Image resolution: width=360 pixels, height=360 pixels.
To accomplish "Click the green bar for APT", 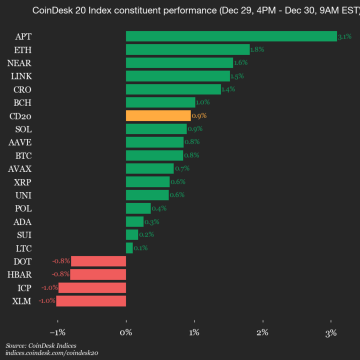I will [231, 36].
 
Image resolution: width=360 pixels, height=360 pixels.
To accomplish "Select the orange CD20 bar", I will [158, 115].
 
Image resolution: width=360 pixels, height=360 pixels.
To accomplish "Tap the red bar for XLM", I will [91, 301].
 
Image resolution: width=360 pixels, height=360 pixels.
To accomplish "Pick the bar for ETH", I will [187, 49].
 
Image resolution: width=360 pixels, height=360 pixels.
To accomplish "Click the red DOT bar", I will [98, 261].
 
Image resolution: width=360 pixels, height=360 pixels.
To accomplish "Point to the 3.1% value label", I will [344, 36].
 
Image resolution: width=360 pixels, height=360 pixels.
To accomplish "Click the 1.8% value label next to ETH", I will [257, 49].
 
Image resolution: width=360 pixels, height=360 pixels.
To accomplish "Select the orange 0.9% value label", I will [199, 115].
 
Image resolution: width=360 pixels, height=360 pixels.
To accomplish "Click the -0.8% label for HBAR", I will [60, 274].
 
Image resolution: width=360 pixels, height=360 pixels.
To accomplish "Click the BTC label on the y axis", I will [23, 155].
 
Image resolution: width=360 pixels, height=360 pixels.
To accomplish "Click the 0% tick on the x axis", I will [126, 332].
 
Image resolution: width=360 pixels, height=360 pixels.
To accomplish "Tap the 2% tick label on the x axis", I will [262, 332].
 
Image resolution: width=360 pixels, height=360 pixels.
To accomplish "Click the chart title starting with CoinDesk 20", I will [195, 10].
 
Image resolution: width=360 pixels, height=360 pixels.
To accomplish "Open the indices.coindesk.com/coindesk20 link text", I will [51, 353].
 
